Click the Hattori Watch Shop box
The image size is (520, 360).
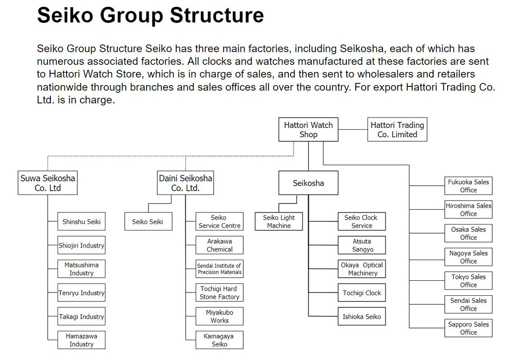point(308,130)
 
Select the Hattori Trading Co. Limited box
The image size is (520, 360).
point(397,130)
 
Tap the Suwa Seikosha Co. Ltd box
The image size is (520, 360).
point(48,183)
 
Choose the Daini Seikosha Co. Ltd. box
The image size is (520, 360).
point(185,183)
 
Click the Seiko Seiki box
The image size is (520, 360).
point(148,221)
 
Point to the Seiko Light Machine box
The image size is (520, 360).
point(278,221)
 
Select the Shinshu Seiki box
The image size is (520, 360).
point(81,221)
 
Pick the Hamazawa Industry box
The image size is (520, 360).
point(81,340)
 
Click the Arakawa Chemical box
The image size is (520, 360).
point(220,245)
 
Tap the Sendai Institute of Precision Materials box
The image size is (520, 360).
point(220,269)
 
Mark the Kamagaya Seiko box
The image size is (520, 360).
point(220,340)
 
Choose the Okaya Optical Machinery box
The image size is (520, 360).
point(362,269)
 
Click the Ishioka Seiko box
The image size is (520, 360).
point(362,316)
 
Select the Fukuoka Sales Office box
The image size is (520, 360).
point(468,186)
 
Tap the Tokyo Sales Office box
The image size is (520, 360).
point(468,281)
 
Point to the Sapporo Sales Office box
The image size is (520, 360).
point(468,328)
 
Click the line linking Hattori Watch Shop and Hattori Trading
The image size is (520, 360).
point(353,130)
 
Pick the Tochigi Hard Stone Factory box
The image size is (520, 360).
point(220,292)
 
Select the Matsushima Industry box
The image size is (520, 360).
point(81,269)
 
